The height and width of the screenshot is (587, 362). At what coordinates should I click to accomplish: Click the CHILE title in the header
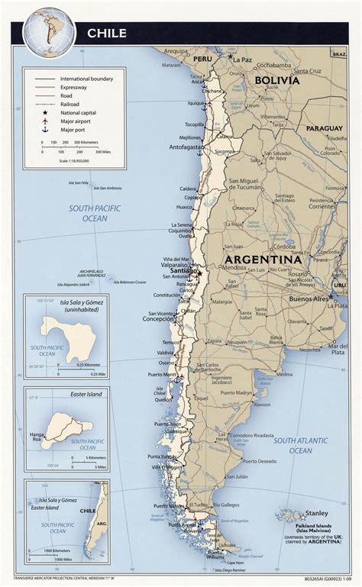click(x=106, y=33)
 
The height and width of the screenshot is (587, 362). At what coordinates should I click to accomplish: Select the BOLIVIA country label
click(x=277, y=80)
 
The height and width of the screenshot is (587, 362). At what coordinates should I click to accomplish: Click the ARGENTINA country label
click(x=263, y=260)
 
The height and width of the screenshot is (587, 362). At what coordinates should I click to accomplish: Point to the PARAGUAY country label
click(x=325, y=128)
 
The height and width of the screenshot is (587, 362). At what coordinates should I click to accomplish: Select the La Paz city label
click(x=243, y=59)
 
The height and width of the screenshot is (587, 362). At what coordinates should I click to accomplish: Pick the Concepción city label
click(x=153, y=319)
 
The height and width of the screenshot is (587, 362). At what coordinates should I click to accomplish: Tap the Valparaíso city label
click(x=176, y=264)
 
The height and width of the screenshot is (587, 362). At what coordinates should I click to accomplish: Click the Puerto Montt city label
click(x=162, y=374)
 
